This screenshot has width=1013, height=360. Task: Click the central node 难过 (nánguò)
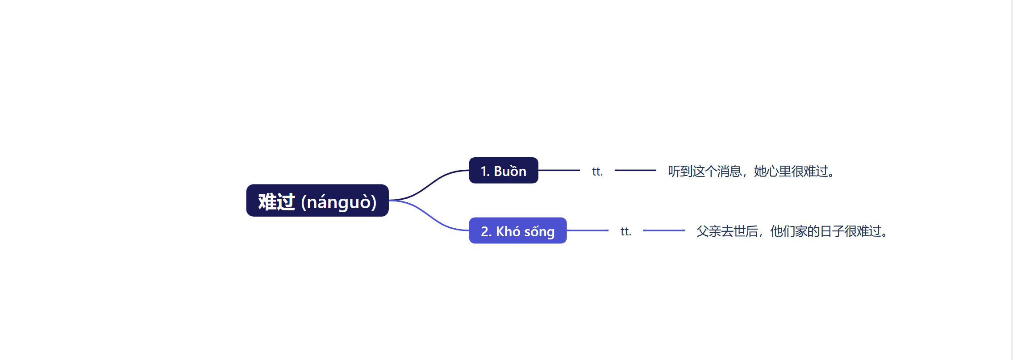point(317,201)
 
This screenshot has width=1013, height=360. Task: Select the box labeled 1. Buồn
point(503,171)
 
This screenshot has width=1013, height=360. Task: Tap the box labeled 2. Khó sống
point(517,231)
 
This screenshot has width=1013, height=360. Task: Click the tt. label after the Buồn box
point(597,172)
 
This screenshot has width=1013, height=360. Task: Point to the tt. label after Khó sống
point(625,231)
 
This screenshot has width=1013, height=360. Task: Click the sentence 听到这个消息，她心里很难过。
point(751,171)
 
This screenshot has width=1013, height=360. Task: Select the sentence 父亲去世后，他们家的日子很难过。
point(792,231)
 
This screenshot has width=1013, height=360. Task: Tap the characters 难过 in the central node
point(276,202)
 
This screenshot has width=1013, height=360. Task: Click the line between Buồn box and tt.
point(559,170)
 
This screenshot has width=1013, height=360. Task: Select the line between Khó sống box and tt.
point(588,230)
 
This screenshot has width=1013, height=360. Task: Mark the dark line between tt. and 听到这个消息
point(635,170)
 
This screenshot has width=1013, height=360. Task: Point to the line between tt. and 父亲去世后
point(664,230)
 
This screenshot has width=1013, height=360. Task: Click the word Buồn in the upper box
point(510,171)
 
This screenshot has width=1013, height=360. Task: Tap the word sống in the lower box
point(539,232)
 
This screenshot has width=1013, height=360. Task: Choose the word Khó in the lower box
point(508,231)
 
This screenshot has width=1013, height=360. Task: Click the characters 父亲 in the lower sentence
point(709,231)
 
